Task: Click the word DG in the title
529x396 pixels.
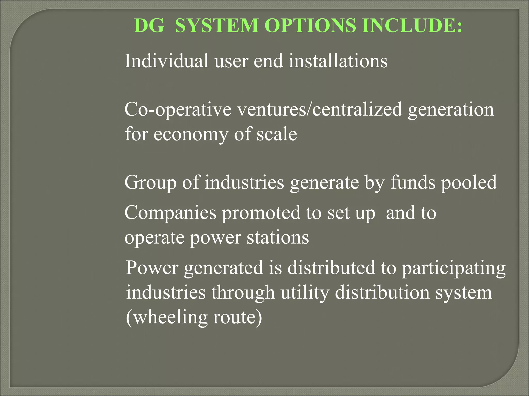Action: coord(149,26)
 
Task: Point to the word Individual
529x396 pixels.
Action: coord(166,61)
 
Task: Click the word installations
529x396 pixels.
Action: coord(338,61)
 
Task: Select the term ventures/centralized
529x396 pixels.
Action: coord(320,109)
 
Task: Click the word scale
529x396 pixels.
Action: coord(277,134)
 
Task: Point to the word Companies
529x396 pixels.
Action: coord(170,213)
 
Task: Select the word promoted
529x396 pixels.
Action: coord(261,213)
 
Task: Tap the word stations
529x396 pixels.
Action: coord(278,237)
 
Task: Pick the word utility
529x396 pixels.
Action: coord(305,293)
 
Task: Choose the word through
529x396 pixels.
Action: coord(243,293)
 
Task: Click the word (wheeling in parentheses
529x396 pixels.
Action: coord(166,317)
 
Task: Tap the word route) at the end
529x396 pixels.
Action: coord(237,317)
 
